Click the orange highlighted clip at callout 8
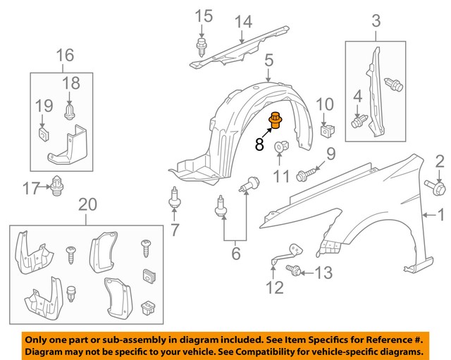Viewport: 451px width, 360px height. click(275, 121)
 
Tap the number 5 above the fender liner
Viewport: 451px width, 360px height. click(268, 63)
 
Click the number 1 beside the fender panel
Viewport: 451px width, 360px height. click(442, 214)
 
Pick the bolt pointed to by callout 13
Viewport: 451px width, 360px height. click(295, 270)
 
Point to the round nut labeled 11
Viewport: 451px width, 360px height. click(280, 147)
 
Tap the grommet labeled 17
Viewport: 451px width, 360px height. click(56, 187)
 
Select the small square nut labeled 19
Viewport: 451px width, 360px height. click(42, 132)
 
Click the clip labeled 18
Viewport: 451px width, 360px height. click(69, 111)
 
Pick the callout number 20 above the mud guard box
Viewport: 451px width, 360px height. click(87, 205)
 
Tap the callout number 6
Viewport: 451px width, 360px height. click(235, 253)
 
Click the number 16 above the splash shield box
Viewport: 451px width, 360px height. click(64, 54)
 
